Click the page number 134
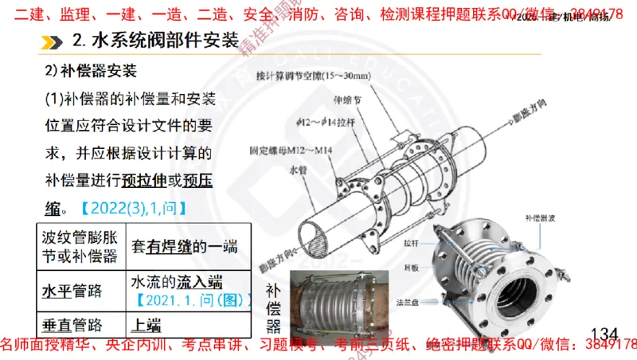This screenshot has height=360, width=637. click(604, 331)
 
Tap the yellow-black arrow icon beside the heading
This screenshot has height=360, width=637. click(53, 41)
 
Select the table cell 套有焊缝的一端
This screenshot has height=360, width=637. click(185, 246)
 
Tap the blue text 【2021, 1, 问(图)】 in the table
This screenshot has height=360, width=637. click(190, 300)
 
